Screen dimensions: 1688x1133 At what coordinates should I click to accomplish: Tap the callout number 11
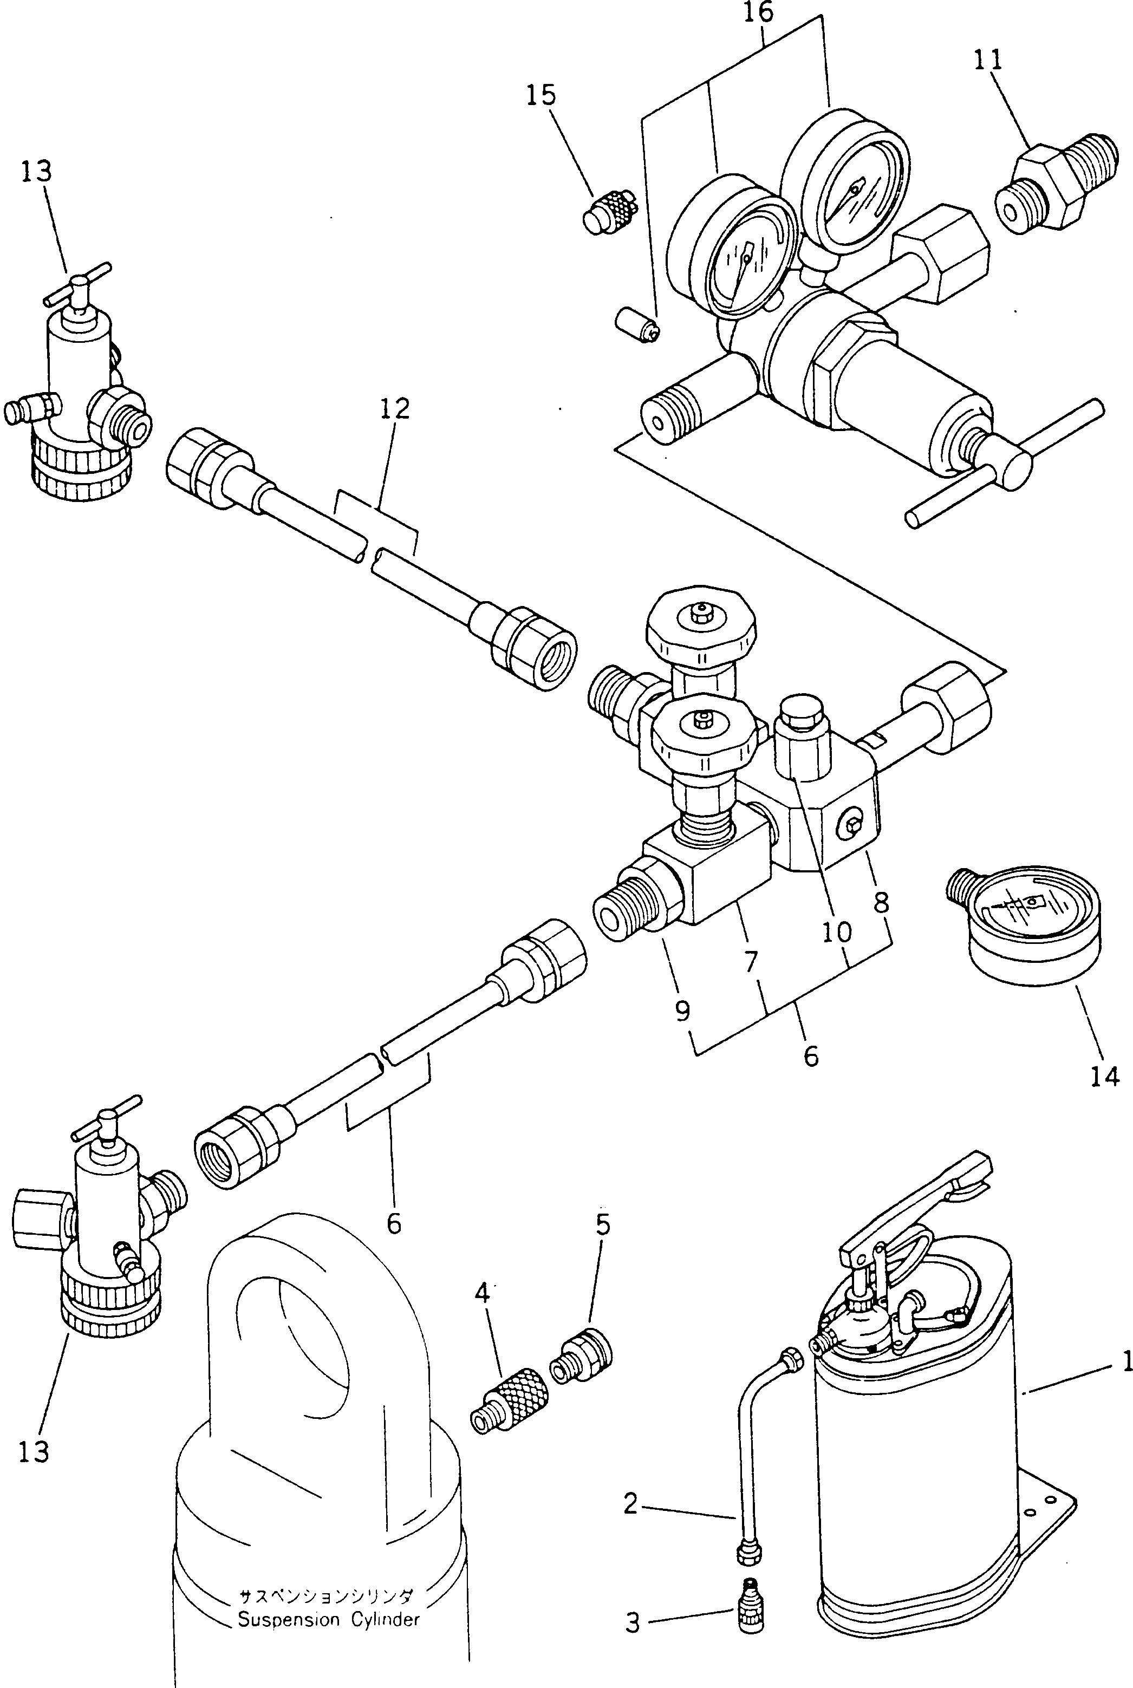988,61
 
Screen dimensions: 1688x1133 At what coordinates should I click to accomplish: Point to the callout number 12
395,409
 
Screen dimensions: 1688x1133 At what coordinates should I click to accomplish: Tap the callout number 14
1105,1076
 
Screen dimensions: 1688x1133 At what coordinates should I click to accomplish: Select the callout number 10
837,933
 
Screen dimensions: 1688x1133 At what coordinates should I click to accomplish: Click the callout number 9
683,1011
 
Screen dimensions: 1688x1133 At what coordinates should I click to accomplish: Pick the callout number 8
881,902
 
